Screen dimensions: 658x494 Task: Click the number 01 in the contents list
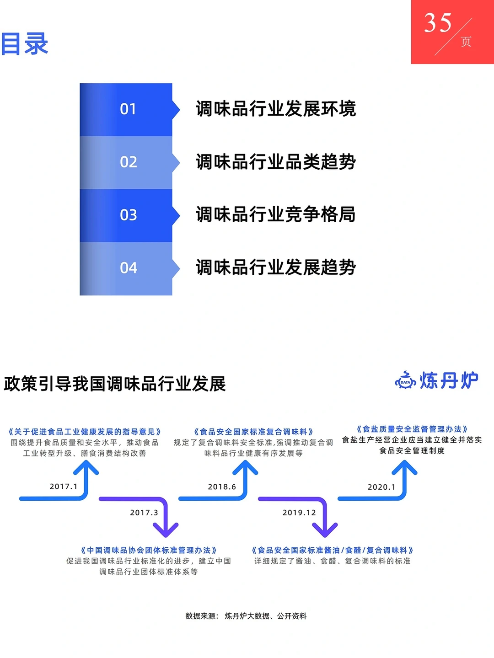click(128, 109)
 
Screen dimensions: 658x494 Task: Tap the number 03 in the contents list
click(128, 215)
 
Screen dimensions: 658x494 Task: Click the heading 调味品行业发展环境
click(276, 109)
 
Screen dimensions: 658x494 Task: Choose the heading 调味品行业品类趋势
click(276, 162)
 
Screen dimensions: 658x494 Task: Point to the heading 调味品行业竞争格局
click(276, 214)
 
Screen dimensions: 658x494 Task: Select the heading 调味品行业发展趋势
click(276, 267)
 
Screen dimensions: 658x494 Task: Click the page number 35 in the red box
click(438, 23)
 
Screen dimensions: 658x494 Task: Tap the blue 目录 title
click(24, 44)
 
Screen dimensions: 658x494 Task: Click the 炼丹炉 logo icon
click(405, 380)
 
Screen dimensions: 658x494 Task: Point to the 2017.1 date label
click(64, 487)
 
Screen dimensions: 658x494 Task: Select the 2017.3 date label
click(144, 513)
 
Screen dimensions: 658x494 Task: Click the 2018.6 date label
click(222, 487)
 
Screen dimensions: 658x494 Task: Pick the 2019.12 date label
click(300, 513)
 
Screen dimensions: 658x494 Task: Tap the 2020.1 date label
click(381, 487)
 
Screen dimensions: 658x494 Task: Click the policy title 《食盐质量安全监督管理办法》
click(412, 429)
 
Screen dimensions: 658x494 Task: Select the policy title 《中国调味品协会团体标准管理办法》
click(149, 550)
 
